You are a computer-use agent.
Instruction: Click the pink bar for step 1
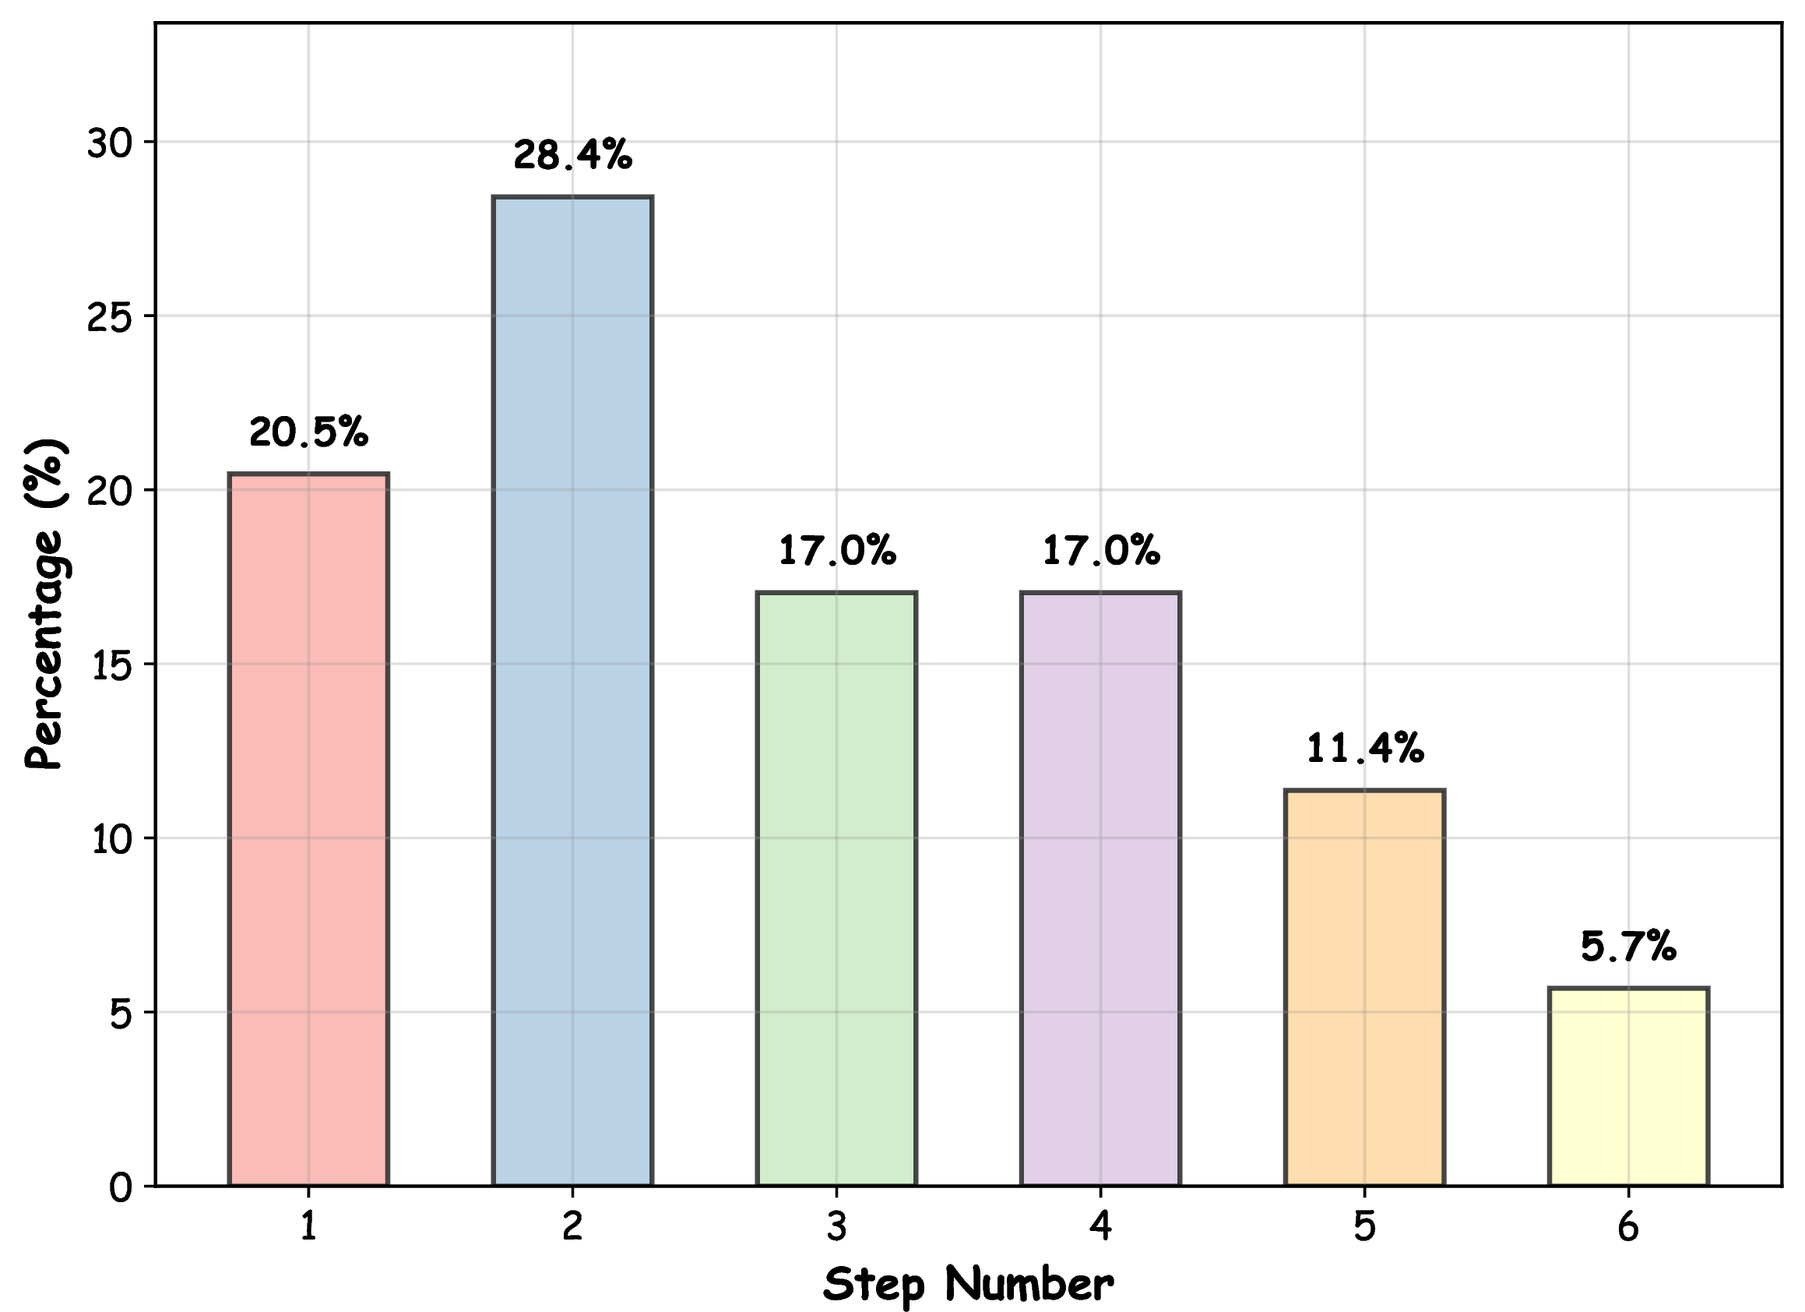(x=308, y=829)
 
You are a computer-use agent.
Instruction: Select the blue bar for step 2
(x=572, y=690)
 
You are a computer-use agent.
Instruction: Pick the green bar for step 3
(x=836, y=888)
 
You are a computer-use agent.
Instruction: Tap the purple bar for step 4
(x=1100, y=888)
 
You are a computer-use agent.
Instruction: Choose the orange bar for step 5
(x=1365, y=987)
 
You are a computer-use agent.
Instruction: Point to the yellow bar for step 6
(x=1628, y=1087)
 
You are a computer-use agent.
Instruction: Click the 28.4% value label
(x=572, y=154)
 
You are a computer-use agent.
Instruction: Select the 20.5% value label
(x=309, y=432)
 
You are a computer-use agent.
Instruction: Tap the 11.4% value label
(x=1365, y=748)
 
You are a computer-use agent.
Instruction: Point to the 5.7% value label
(x=1628, y=946)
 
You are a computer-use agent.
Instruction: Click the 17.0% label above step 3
(x=836, y=550)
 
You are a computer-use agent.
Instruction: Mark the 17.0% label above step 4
(x=1100, y=550)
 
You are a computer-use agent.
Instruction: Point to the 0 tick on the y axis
(x=121, y=1188)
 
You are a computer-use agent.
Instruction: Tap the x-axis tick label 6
(x=1628, y=1227)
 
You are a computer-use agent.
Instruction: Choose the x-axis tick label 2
(x=572, y=1227)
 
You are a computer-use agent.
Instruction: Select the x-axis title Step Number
(x=968, y=1283)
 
